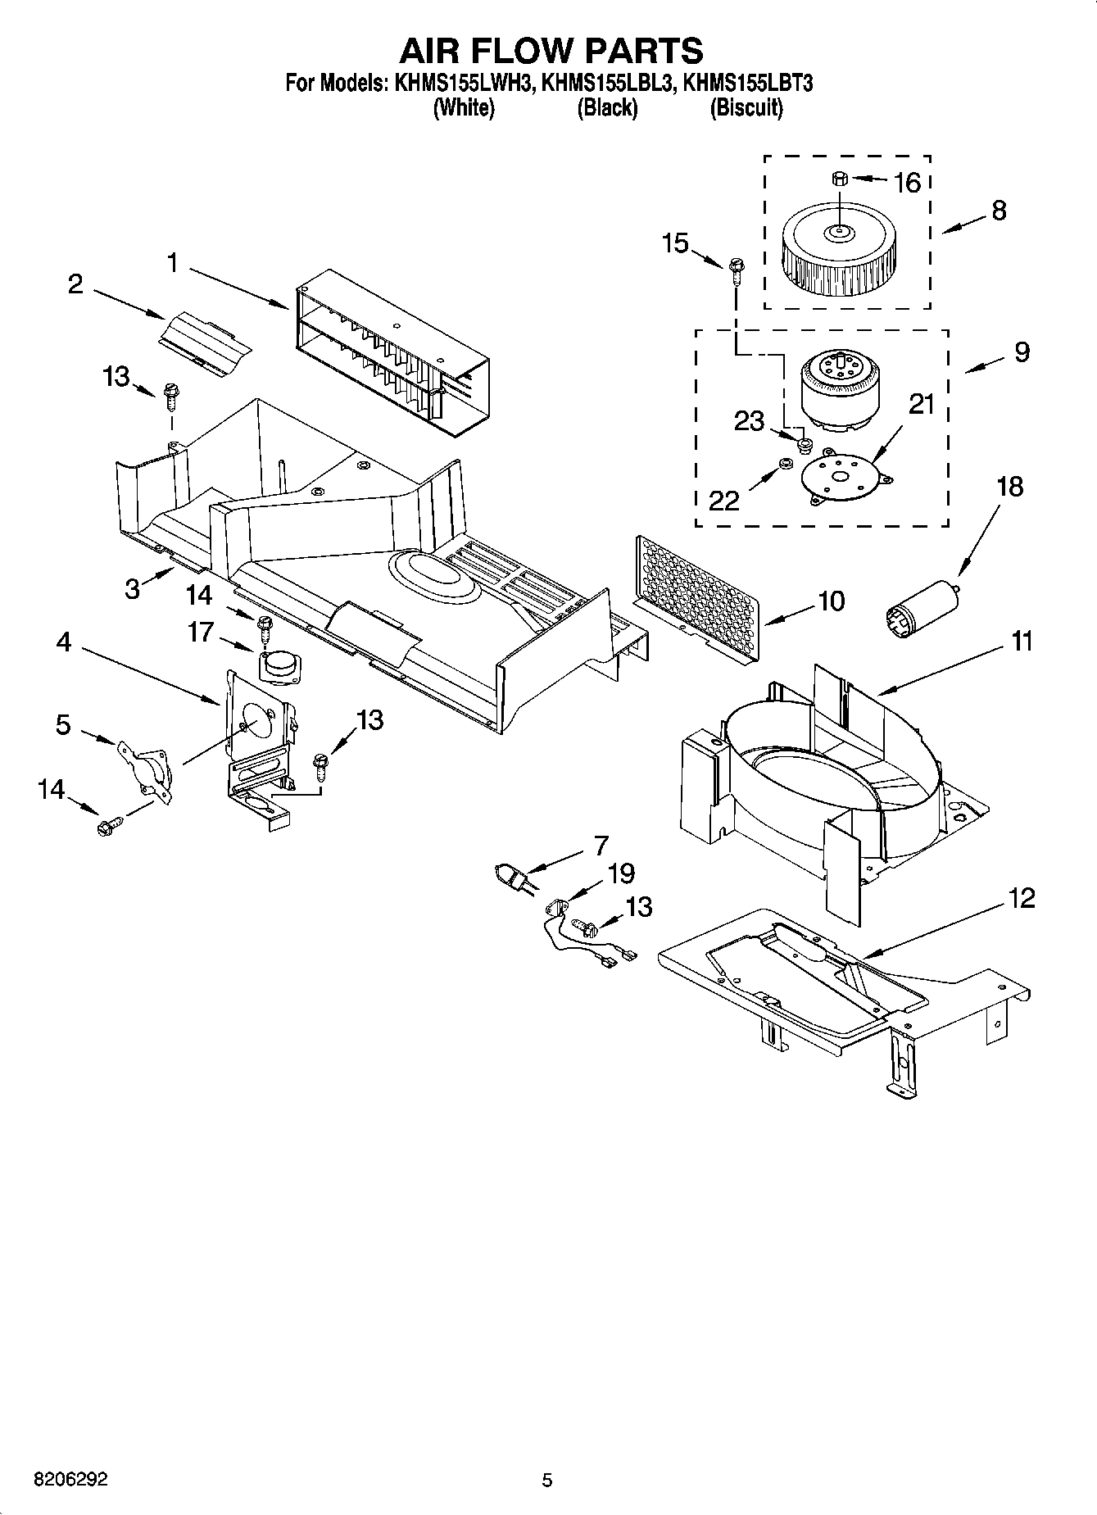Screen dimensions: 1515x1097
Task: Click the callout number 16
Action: [907, 182]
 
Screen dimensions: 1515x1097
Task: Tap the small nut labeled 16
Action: [838, 178]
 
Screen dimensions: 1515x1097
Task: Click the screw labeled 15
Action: [735, 268]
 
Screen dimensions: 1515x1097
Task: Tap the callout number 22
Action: [723, 499]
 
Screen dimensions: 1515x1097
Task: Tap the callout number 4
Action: [63, 642]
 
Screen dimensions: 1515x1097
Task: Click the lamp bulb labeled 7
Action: [512, 876]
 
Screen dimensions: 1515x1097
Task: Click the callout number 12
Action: [1022, 898]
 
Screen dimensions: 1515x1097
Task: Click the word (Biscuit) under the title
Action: [746, 107]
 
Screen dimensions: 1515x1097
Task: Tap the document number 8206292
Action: [70, 1480]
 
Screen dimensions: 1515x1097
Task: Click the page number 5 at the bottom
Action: [547, 1480]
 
